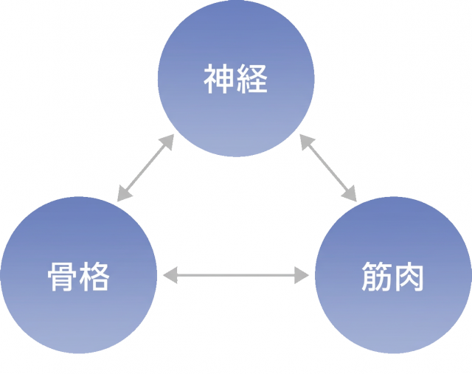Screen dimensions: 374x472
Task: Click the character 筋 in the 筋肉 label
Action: pyautogui.click(x=377, y=277)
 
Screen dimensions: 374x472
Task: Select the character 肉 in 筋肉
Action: pyautogui.click(x=409, y=277)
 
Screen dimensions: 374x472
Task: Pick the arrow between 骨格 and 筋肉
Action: pyautogui.click(x=236, y=277)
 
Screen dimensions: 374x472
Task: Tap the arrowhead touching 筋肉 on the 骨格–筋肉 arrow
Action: pyautogui.click(x=303, y=277)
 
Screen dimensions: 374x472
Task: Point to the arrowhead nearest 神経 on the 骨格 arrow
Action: pyautogui.click(x=167, y=142)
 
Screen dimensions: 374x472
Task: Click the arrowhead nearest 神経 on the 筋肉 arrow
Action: pyautogui.click(x=305, y=142)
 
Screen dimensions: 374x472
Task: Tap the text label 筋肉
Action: pyautogui.click(x=393, y=277)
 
